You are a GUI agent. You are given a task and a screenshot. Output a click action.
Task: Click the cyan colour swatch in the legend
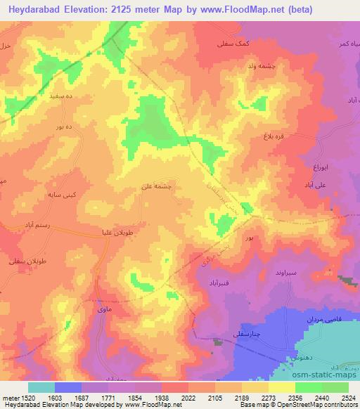(41, 387)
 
